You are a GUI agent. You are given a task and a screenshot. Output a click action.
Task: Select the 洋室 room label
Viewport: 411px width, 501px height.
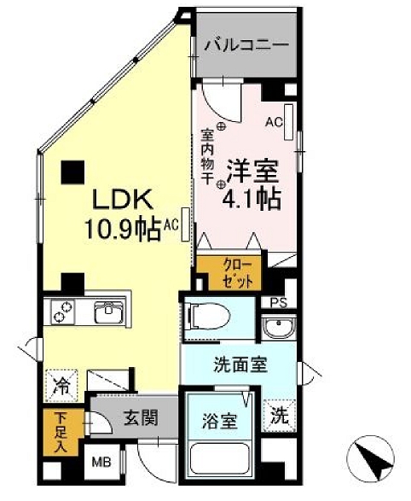(x=252, y=170)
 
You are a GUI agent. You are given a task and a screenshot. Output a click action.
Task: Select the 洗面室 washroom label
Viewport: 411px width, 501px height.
(x=240, y=364)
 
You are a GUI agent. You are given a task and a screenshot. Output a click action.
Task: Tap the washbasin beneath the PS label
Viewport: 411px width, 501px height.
(x=277, y=329)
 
